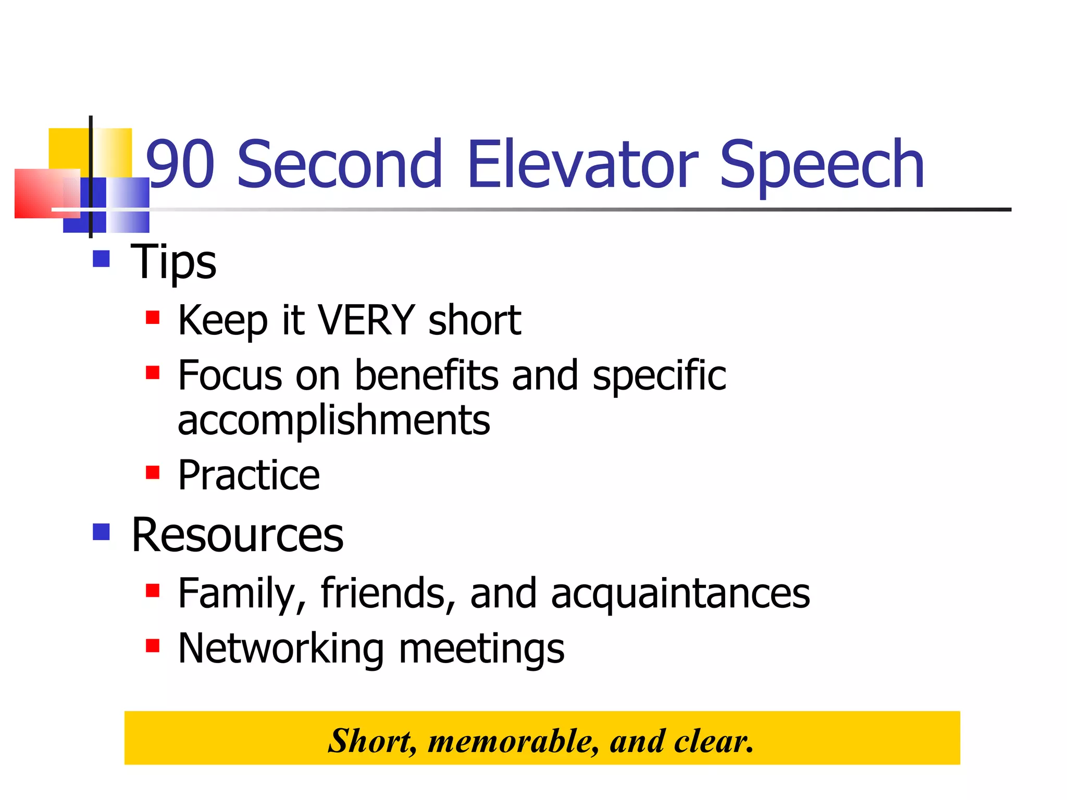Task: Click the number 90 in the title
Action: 180,164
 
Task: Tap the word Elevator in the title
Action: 582,164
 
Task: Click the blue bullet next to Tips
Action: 101,259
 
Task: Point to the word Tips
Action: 173,262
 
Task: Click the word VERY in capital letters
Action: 366,320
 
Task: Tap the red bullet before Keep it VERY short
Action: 152,317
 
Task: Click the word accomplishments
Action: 333,420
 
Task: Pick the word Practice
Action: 249,476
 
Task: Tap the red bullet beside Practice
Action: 152,472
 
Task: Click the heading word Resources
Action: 238,535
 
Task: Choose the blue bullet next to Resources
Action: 101,532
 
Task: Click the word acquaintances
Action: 680,594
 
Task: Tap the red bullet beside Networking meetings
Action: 152,646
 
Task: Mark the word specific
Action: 659,376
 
